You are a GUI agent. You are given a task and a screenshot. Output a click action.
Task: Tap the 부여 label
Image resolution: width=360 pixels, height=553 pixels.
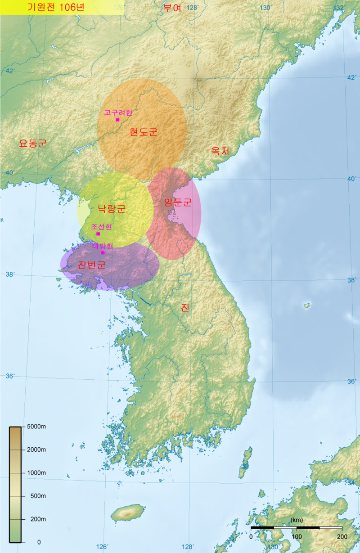pos(172,8)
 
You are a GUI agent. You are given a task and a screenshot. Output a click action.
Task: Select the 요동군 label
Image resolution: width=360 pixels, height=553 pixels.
pos(32,144)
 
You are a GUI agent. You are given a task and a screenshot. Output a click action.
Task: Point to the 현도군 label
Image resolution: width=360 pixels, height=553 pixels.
pos(144,132)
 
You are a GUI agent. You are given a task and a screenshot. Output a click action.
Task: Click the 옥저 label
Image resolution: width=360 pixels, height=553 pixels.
pos(220,151)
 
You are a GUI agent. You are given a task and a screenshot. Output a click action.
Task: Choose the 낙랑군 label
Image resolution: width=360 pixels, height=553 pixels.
pos(111,209)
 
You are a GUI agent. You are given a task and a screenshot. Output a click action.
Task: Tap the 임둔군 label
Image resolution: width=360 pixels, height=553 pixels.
pos(178,202)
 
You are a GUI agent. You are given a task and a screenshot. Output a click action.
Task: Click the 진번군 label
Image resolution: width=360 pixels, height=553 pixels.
pos(92,265)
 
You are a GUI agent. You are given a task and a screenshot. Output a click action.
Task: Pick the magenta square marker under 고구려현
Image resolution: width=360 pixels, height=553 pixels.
pos(117,120)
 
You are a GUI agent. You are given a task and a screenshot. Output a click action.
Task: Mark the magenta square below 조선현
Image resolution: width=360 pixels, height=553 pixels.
pos(98,234)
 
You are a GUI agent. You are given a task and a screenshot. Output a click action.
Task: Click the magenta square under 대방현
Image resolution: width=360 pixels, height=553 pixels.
pos(103,252)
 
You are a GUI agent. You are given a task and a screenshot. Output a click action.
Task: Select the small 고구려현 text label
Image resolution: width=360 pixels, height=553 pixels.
pos(118,112)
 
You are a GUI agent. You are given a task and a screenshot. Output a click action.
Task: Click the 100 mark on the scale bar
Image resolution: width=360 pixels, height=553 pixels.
pos(297,536)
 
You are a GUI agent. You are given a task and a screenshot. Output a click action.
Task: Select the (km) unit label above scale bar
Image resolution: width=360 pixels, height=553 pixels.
pos(297,520)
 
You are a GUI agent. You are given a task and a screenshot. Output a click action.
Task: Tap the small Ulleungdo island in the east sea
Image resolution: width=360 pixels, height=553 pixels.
pos(307,306)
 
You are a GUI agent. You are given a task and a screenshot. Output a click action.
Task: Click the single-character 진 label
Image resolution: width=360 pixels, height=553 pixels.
pos(185,308)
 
